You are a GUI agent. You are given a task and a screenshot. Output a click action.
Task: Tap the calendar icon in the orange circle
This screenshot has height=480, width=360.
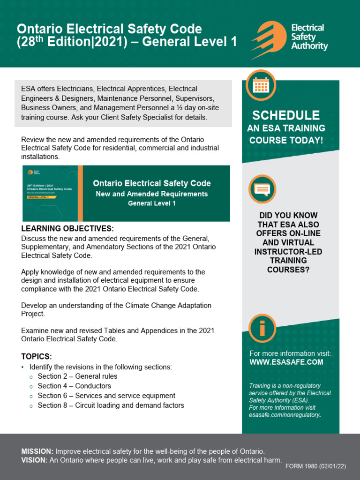261,85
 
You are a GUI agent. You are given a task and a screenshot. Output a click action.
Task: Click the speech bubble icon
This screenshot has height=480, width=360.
262,188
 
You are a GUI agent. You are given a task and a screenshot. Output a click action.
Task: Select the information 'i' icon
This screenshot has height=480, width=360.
262,328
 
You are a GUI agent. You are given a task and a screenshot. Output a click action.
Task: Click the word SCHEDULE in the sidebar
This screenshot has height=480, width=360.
286,115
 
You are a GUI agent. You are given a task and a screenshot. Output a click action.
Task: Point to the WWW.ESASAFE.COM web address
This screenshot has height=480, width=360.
286,362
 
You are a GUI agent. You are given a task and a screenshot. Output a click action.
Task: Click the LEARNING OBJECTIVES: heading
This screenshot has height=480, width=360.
67,229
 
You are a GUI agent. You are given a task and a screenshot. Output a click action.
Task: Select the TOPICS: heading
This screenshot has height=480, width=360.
37,356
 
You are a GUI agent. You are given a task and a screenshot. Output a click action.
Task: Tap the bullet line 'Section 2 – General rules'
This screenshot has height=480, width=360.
77,376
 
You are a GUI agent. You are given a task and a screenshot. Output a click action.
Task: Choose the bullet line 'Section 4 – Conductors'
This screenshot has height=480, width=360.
74,386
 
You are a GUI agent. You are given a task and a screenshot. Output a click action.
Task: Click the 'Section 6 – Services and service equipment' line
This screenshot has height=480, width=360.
106,396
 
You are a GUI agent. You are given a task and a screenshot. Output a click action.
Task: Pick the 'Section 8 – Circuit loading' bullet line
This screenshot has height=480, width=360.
111,405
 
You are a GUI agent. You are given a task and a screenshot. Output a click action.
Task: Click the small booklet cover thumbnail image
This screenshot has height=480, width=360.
50,193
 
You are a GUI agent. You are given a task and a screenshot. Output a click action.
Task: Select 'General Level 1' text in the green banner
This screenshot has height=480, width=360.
151,203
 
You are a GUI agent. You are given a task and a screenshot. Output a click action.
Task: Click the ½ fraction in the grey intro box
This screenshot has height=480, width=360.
186,108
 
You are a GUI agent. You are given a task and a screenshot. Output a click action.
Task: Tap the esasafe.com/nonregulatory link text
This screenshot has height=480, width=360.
284,415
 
